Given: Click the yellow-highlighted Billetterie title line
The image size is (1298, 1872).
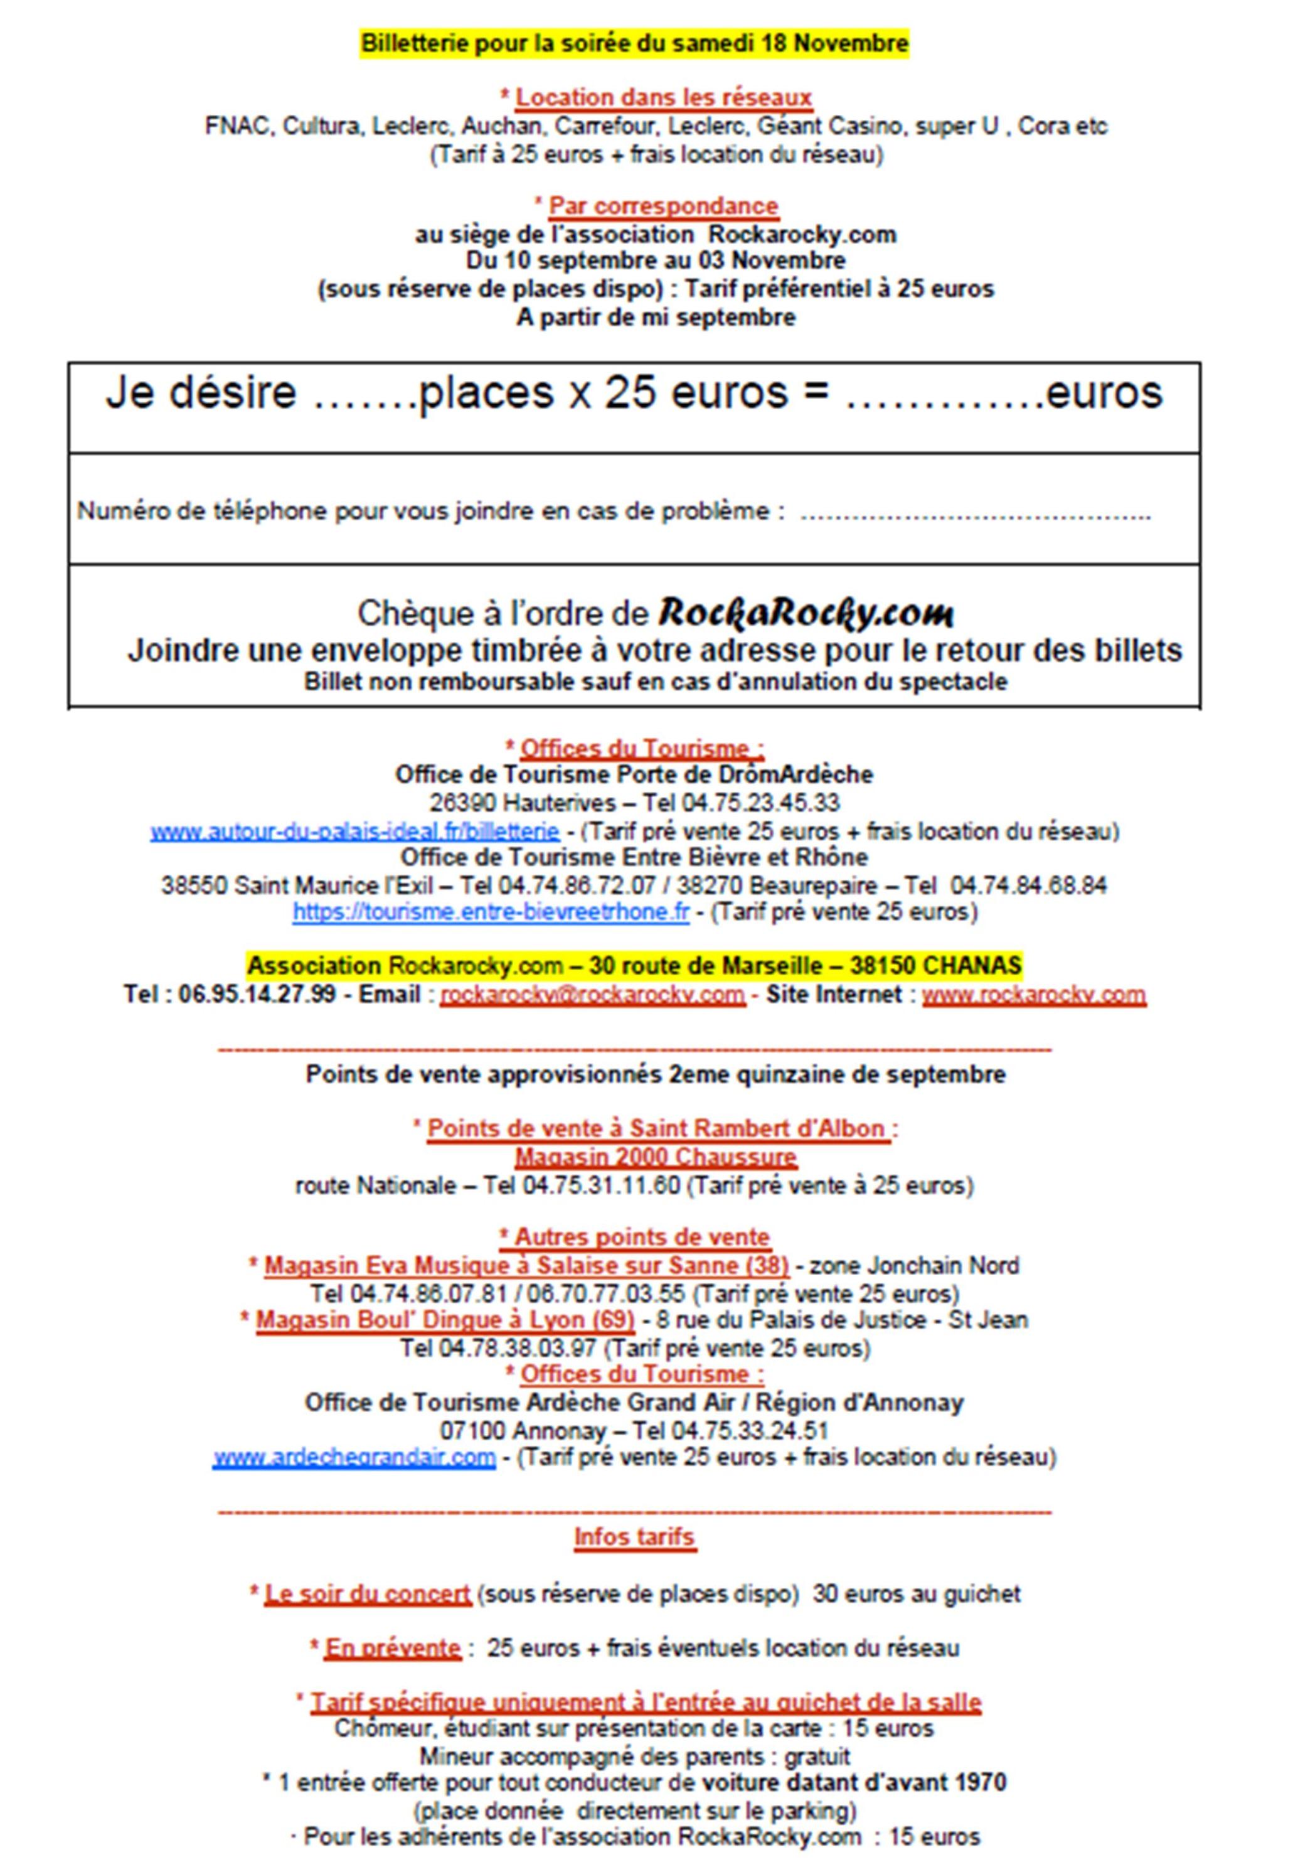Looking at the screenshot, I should click(x=634, y=43).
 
